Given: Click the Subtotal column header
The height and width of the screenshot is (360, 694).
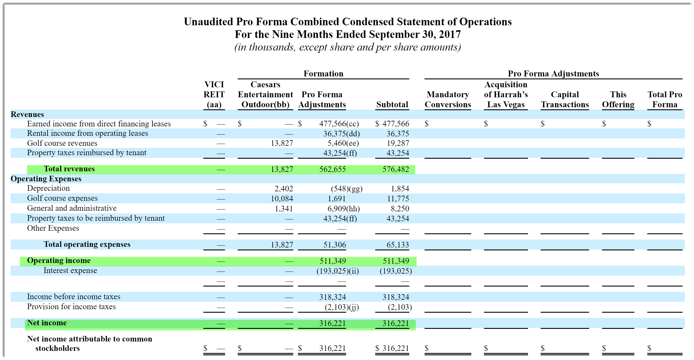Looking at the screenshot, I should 392,104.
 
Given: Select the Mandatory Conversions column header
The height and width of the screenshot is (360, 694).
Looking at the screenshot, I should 447,99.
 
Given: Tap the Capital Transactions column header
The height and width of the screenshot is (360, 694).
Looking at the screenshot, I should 565,99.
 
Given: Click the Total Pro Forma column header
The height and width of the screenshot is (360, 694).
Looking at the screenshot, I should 665,99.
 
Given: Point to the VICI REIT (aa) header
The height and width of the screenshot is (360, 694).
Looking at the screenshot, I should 214,94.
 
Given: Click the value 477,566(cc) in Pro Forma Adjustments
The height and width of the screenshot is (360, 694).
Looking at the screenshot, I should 339,124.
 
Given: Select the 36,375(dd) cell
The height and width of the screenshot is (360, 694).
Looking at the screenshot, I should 341,134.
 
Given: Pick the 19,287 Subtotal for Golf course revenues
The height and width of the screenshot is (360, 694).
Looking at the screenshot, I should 398,143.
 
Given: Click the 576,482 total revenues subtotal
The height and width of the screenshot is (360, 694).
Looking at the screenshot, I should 395,169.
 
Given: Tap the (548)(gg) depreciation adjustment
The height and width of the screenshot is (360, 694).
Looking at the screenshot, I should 346,189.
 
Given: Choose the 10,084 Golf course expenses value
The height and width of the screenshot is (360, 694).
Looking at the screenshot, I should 282,199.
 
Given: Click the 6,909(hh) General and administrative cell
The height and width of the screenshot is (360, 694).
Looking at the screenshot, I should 343,209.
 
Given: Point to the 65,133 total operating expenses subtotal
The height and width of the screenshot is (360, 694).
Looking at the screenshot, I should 397,245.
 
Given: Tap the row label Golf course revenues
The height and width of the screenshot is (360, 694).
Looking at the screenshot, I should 62,143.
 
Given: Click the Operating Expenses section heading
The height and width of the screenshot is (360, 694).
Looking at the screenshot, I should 46,179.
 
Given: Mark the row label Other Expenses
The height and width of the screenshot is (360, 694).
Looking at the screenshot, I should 53,228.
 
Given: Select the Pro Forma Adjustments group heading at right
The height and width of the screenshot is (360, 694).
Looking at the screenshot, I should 553,73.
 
